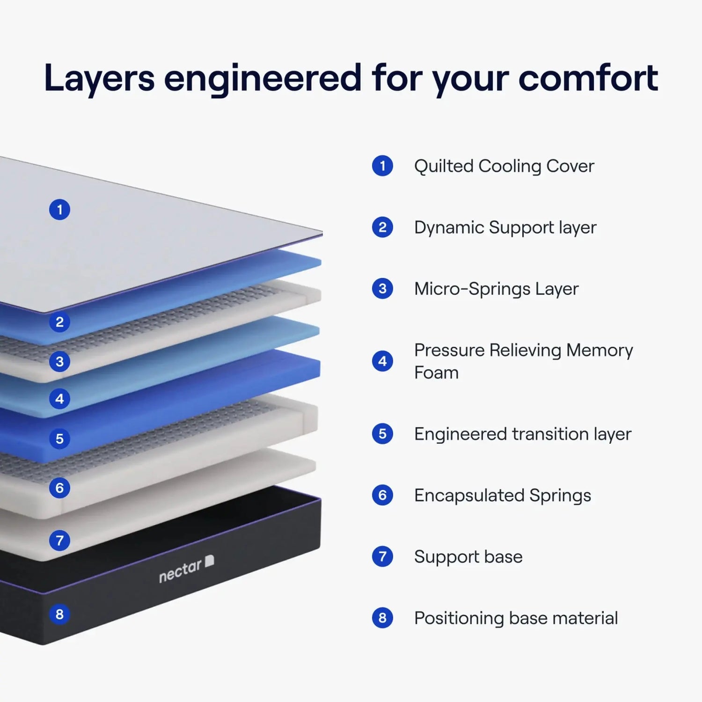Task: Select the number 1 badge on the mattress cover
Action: click(x=59, y=210)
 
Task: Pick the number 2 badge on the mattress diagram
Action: click(x=59, y=322)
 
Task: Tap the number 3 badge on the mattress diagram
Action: click(x=59, y=362)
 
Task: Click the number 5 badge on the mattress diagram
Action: click(x=59, y=439)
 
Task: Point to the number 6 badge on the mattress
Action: click(x=59, y=488)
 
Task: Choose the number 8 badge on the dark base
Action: click(x=59, y=614)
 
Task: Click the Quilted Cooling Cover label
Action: click(x=504, y=166)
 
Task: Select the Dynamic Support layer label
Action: click(x=505, y=228)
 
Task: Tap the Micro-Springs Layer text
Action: click(x=496, y=289)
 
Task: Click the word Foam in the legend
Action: click(x=436, y=373)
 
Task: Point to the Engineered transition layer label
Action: click(x=522, y=434)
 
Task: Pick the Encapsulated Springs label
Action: click(x=502, y=496)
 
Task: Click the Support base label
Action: click(x=468, y=557)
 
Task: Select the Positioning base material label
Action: click(x=516, y=618)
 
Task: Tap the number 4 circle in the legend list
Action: click(x=382, y=361)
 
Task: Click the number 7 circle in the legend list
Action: click(x=382, y=556)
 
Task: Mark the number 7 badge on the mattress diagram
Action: click(x=59, y=541)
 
